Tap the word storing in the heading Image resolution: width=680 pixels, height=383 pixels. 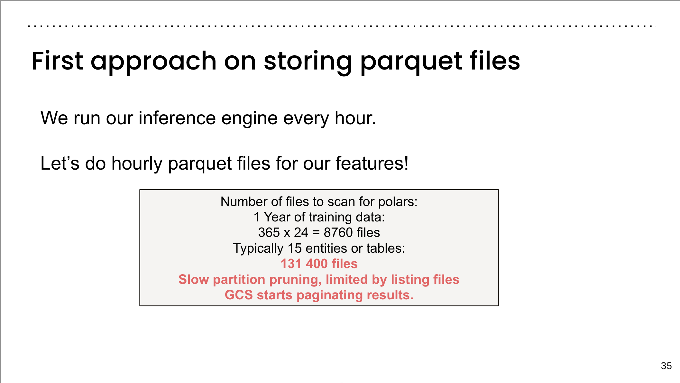coord(308,63)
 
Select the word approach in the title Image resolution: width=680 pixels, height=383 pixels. coord(153,63)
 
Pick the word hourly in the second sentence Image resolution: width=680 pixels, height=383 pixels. coord(137,164)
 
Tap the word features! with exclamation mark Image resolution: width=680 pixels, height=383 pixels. coord(372,163)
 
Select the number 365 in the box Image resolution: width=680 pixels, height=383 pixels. coord(269,233)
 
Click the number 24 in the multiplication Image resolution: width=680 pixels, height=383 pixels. coord(301,233)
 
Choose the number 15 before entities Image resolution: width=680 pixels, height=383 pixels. coord(295,248)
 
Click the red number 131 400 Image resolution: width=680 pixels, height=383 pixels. coord(304,264)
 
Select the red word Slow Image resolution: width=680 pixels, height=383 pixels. coord(194,280)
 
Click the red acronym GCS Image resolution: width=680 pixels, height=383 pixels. coord(239,295)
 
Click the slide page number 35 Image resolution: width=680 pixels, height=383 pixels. coord(666,366)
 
